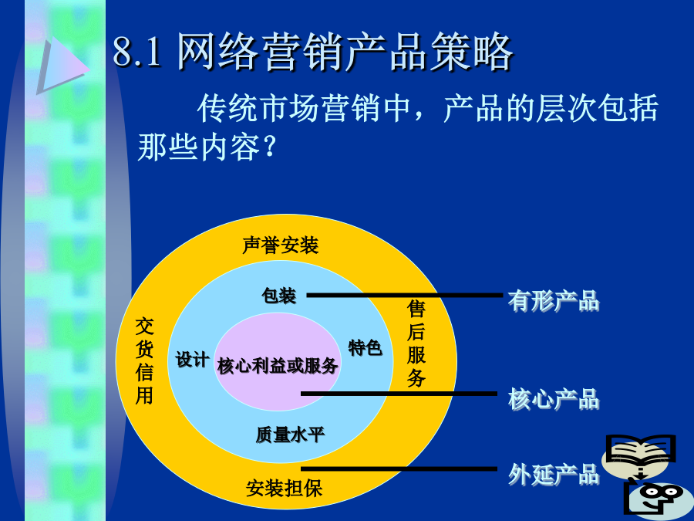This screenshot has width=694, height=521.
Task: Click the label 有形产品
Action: [x=553, y=301]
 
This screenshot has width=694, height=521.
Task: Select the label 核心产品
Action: [x=553, y=399]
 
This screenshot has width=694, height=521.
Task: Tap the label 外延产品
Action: [x=553, y=474]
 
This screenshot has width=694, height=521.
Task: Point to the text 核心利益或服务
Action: [x=278, y=366]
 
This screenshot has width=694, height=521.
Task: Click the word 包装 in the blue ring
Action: [x=279, y=296]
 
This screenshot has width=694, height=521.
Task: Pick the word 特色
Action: [x=366, y=348]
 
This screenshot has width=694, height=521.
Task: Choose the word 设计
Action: [x=193, y=360]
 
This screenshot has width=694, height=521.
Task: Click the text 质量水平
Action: [x=291, y=435]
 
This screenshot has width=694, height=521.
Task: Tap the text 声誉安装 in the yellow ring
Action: [x=280, y=245]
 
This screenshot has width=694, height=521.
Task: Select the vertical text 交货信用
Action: [x=144, y=360]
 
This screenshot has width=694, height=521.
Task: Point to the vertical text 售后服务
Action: [x=416, y=343]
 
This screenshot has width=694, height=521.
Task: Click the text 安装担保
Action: [x=284, y=489]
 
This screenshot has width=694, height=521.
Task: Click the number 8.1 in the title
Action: [x=137, y=52]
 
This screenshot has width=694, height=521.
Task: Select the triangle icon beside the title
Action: [x=62, y=66]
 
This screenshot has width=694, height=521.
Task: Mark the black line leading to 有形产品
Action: [x=405, y=295]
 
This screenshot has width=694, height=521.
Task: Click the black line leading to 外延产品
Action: [x=399, y=469]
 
